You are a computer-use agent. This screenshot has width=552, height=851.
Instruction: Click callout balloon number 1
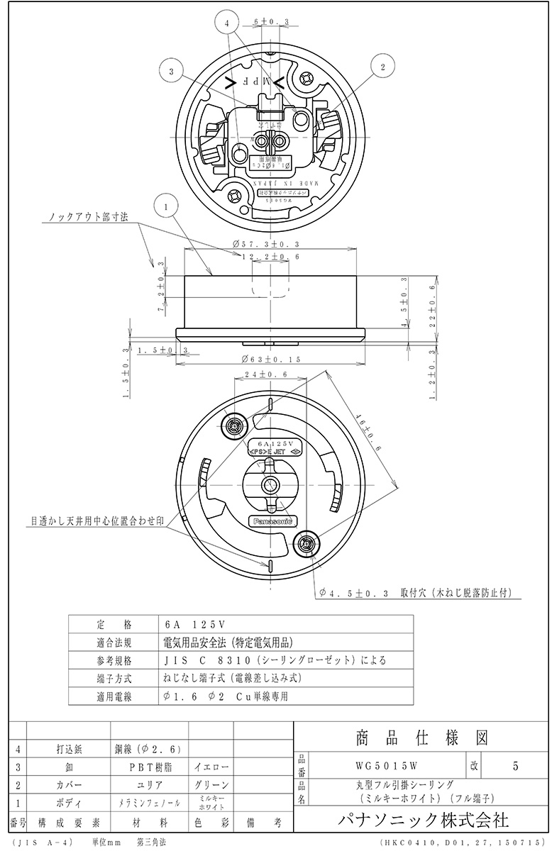165,207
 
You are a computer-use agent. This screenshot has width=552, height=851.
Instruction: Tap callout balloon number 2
383,67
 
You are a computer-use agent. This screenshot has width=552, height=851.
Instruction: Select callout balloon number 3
172,71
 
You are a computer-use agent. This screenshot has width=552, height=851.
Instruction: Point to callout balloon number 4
226,24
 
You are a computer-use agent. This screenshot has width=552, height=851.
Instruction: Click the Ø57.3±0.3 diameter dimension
264,244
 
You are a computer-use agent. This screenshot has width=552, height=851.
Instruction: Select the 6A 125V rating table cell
193,625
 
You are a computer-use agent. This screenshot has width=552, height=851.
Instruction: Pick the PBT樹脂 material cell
149,767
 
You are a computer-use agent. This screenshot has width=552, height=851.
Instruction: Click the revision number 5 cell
515,765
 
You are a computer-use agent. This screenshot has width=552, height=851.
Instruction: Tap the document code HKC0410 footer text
462,842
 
